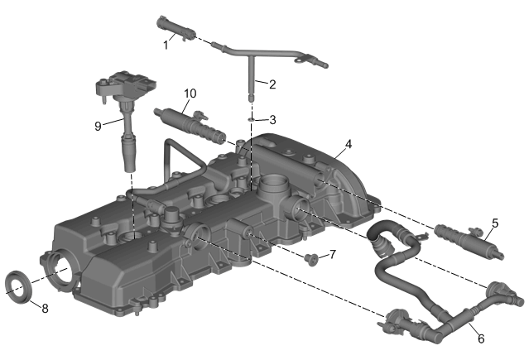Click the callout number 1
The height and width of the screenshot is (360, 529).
click(x=166, y=45)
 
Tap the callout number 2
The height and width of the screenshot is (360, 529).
click(x=272, y=84)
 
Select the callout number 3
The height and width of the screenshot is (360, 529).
click(x=272, y=120)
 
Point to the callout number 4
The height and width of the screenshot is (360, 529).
click(x=349, y=144)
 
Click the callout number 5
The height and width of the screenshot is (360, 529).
click(x=495, y=223)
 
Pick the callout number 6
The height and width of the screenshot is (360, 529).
click(x=481, y=338)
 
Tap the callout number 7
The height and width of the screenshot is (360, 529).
click(x=333, y=254)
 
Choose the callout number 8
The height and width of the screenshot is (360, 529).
click(x=45, y=308)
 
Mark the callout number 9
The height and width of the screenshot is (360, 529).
click(x=98, y=126)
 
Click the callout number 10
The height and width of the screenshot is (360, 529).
click(x=190, y=94)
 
